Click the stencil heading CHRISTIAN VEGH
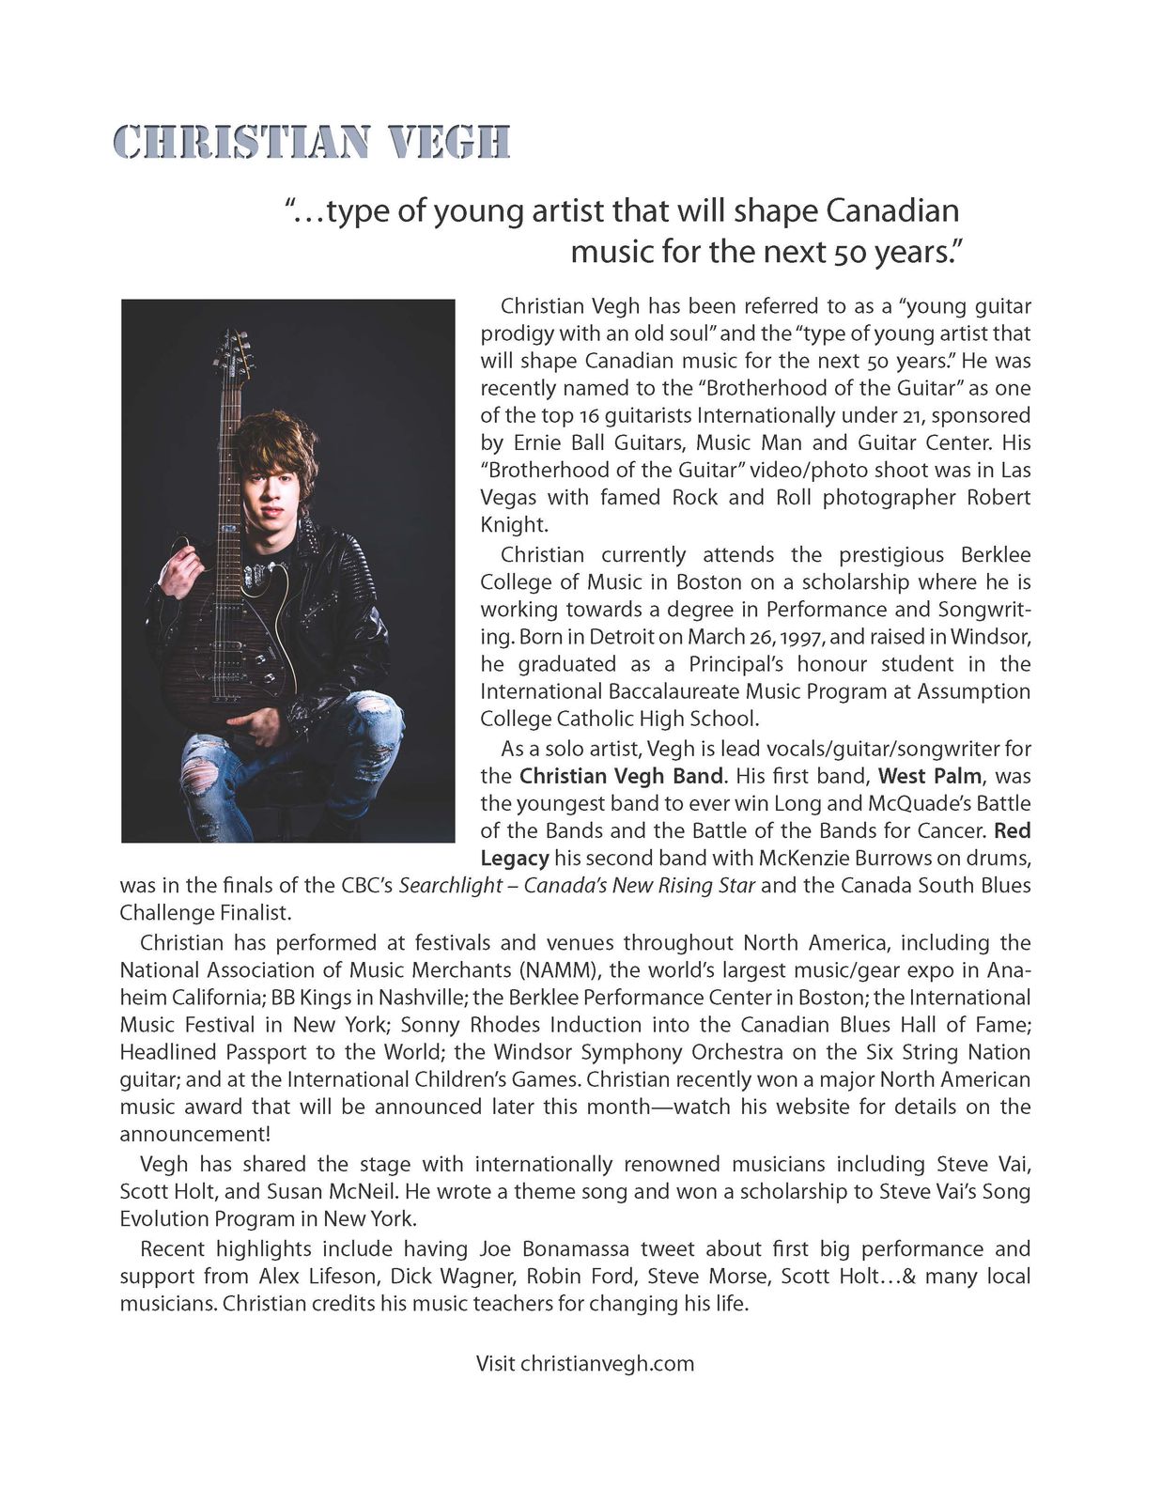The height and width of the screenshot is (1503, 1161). (x=311, y=143)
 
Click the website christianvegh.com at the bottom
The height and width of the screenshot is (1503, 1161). (x=607, y=1363)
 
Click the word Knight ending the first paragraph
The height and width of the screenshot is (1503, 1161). (x=513, y=524)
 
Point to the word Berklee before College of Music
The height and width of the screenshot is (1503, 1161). (x=995, y=554)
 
